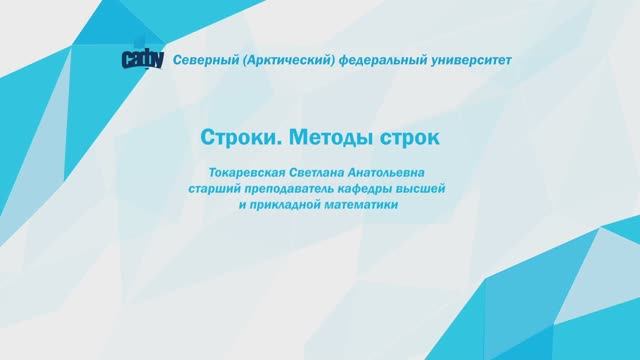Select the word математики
click(364, 205)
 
